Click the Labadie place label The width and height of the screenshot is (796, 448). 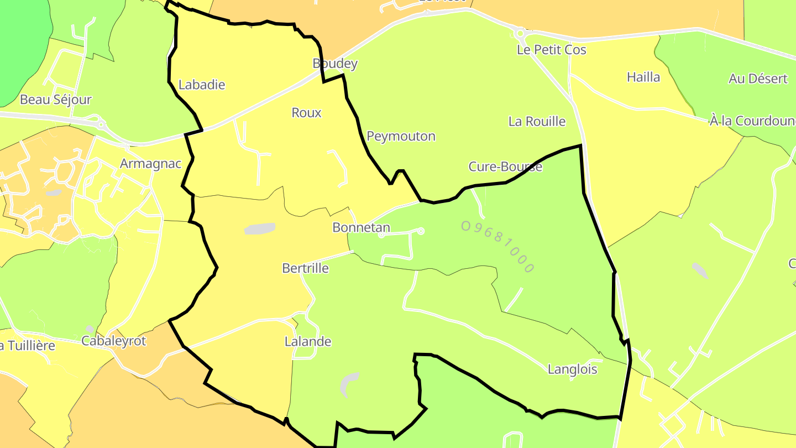202,85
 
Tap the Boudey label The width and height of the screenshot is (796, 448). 335,64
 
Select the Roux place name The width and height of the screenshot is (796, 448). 306,113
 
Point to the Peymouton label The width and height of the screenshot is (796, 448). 401,136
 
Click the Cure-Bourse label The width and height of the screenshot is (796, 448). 505,166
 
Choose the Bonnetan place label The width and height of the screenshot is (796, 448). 361,227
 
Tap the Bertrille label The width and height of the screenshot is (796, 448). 305,268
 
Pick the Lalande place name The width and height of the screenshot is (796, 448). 308,341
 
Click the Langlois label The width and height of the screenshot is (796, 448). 572,369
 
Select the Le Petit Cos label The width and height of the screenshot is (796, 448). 551,50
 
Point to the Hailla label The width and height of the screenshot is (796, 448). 643,77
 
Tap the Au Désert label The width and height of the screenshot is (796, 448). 758,79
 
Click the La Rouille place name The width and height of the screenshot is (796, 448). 537,122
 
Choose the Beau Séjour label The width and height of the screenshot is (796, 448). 55,100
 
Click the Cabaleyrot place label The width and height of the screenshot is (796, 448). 113,341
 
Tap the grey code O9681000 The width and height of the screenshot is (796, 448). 498,247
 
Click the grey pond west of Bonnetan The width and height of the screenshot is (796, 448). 259,228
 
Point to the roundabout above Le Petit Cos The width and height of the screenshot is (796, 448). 520,34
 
